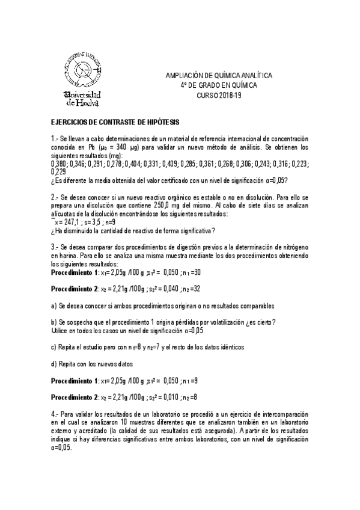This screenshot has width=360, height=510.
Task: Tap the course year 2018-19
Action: tap(226, 96)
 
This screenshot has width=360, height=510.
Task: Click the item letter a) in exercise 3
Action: tap(53, 306)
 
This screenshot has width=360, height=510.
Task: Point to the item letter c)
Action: tap(53, 347)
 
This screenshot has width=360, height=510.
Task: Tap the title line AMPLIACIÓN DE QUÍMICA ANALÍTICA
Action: tap(219, 76)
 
